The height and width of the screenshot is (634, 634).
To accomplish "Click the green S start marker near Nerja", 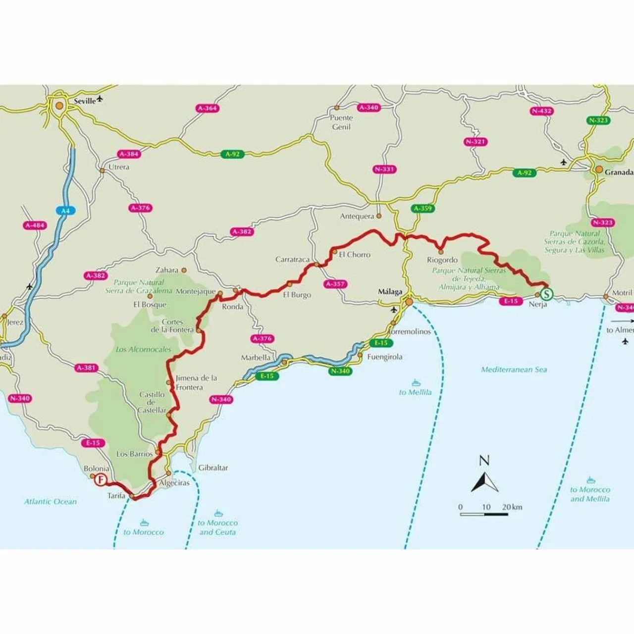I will click(546, 294).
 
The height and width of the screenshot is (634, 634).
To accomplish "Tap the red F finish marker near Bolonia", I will click(101, 479).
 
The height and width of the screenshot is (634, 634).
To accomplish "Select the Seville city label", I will click(85, 101).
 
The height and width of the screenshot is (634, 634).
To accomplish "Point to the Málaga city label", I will click(390, 292).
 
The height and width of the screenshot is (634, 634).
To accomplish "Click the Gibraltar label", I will click(213, 468).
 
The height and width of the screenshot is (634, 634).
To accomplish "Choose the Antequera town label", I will click(357, 216).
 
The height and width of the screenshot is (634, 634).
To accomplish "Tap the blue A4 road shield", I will click(65, 211).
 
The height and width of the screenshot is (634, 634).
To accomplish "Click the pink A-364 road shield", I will click(208, 108).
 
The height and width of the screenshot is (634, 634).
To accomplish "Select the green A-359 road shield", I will click(423, 209).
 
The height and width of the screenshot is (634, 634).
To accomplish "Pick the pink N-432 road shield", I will click(541, 111).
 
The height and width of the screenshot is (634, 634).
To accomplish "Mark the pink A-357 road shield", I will click(336, 284).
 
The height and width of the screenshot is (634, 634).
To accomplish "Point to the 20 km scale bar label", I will click(512, 507).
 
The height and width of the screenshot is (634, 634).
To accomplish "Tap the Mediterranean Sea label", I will click(514, 370).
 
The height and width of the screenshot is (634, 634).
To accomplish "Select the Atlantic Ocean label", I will click(51, 502).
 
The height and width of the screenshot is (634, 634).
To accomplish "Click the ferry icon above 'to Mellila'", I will click(416, 383).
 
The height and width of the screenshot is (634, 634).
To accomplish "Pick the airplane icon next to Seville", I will click(101, 99).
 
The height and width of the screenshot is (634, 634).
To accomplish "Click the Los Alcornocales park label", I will click(143, 350).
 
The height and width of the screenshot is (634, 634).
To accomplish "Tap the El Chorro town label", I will click(355, 255).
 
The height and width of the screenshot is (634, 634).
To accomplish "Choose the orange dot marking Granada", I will click(599, 170).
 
